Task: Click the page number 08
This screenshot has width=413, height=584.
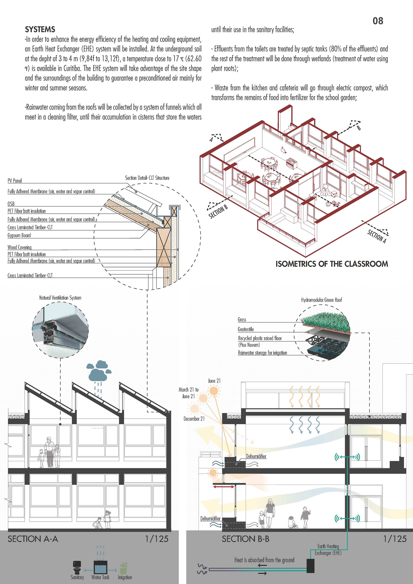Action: pyautogui.click(x=378, y=21)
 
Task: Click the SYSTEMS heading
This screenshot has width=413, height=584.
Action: pyautogui.click(x=40, y=29)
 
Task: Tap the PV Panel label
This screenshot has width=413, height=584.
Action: pyautogui.click(x=14, y=181)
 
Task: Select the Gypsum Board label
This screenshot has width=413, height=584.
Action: pyautogui.click(x=19, y=235)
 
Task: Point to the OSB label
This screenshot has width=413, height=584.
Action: pyautogui.click(x=11, y=203)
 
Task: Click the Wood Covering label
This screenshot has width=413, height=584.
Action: pyautogui.click(x=20, y=247)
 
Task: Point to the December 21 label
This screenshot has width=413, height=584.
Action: pyautogui.click(x=194, y=419)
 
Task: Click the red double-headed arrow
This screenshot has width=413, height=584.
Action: pyautogui.click(x=223, y=487)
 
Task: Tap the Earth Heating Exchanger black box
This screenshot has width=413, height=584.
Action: pyautogui.click(x=310, y=566)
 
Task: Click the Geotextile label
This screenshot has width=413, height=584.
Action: pyautogui.click(x=246, y=329)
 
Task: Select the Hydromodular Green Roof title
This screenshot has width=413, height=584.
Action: pyautogui.click(x=321, y=300)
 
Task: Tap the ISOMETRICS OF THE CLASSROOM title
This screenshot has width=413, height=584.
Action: pyautogui.click(x=332, y=264)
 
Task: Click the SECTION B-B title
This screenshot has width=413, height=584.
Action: pyautogui.click(x=245, y=539)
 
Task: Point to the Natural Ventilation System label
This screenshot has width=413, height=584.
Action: pyautogui.click(x=60, y=298)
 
